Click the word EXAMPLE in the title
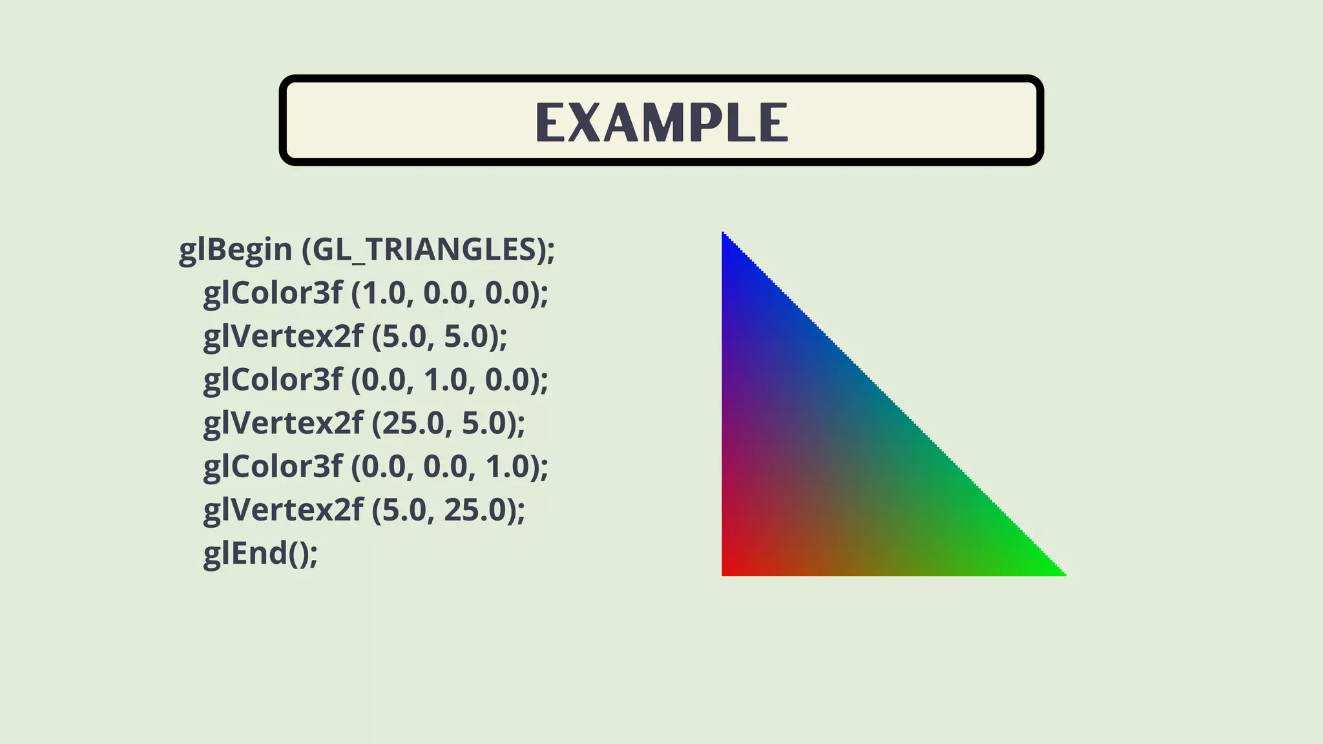[x=661, y=122]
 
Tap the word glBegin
[x=235, y=250]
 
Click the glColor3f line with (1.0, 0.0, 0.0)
[x=375, y=293]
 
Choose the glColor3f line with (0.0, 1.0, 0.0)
[x=375, y=380]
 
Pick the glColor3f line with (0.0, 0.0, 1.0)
[x=375, y=466]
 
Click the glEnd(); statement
[x=260, y=553]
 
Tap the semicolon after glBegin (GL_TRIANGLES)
[x=551, y=253]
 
